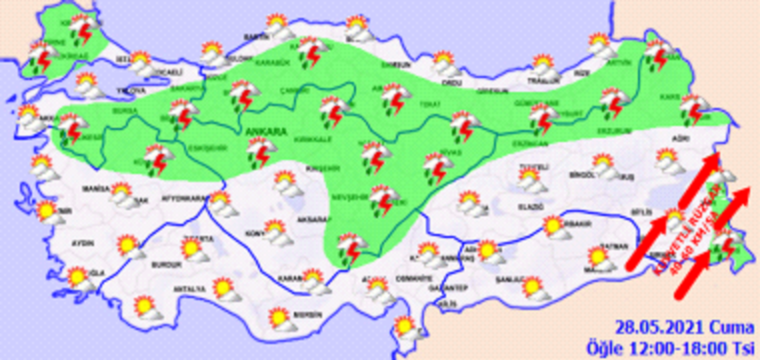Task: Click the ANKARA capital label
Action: click(x=266, y=132)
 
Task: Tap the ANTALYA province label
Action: click(x=189, y=289)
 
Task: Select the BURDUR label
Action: click(x=165, y=264)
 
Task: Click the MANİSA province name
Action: click(x=96, y=189)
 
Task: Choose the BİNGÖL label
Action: click(x=582, y=175)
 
